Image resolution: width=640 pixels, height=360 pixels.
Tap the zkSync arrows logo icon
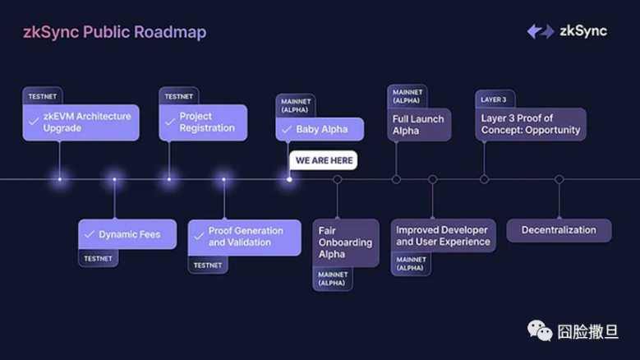(540, 31)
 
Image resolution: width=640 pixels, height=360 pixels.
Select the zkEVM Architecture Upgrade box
(81, 122)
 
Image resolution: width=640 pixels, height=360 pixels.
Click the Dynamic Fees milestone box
(120, 234)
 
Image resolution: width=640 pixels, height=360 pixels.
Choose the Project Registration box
(203, 122)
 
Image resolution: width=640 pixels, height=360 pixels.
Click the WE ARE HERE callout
(323, 160)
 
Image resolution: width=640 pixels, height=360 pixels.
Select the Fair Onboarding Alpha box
(345, 242)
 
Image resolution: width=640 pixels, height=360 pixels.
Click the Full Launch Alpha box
(419, 125)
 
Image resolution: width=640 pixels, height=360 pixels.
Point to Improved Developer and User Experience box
(442, 236)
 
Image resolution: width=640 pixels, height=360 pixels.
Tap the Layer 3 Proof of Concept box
(530, 124)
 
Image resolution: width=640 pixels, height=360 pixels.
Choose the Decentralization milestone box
(559, 230)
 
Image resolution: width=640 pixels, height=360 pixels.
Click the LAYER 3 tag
(494, 99)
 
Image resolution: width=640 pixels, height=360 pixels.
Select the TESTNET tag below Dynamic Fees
(98, 258)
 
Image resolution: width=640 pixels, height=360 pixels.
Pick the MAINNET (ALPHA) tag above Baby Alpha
(296, 106)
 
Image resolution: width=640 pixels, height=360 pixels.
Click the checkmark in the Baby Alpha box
(285, 130)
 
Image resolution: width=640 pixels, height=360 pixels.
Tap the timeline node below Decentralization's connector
(559, 179)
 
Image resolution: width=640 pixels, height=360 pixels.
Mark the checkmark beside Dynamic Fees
(89, 235)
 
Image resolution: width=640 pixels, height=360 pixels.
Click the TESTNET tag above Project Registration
(178, 96)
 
